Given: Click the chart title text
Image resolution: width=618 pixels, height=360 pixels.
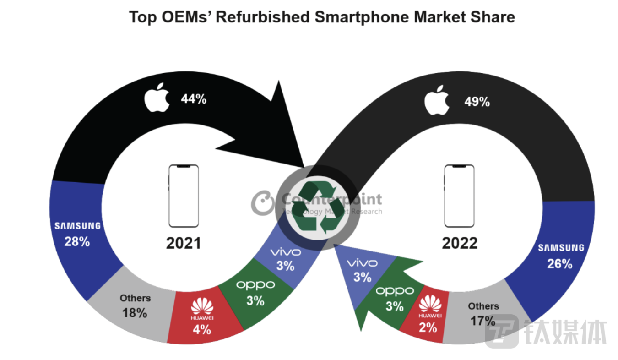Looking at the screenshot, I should (322, 17).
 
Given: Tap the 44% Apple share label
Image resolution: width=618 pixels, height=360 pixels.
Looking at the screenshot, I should (194, 98).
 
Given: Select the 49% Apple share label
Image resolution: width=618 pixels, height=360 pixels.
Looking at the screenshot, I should (477, 102).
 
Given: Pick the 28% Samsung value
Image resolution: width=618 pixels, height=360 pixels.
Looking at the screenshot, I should (77, 241).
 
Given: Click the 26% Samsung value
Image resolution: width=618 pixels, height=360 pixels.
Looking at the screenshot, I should (560, 263).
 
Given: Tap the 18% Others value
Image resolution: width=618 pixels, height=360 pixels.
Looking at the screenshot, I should (135, 313).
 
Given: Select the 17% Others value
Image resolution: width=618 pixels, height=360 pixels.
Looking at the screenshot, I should (483, 321).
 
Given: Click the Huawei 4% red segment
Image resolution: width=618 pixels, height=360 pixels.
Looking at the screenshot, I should (201, 316).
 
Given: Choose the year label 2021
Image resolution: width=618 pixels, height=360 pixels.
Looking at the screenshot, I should (183, 243).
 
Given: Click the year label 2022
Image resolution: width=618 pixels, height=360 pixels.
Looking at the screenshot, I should (459, 243).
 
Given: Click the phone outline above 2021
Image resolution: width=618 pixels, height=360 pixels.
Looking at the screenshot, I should (184, 196).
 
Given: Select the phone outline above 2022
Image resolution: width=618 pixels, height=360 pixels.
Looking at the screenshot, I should (459, 196).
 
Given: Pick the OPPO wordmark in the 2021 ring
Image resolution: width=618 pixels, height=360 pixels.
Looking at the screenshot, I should (255, 285).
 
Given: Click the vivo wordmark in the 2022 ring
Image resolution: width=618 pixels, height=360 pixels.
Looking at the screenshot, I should (362, 263).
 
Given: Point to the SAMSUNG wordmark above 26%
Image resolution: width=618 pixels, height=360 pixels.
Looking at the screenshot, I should (561, 248).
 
